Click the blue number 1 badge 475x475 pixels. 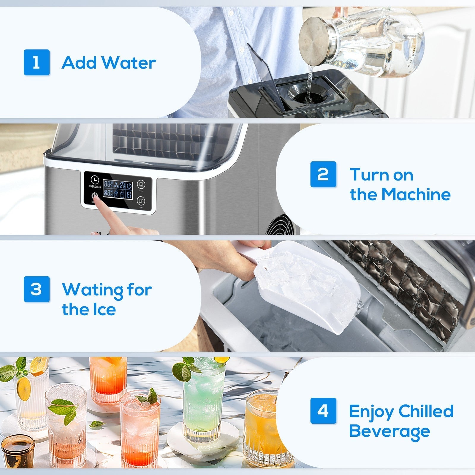pyautogui.click(x=37, y=62)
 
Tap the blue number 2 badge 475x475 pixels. pyautogui.click(x=323, y=174)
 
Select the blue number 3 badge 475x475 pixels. pyautogui.click(x=37, y=289)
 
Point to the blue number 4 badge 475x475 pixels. pyautogui.click(x=323, y=411)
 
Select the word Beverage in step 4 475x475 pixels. pyautogui.click(x=389, y=431)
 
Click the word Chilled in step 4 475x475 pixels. pyautogui.click(x=426, y=411)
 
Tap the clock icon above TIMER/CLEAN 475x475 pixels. pyautogui.click(x=95, y=180)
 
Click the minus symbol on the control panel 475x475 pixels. pyautogui.click(x=141, y=207)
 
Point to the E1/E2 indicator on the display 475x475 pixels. pyautogui.click(x=129, y=195)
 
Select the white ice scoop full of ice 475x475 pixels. pyautogui.click(x=309, y=288)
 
